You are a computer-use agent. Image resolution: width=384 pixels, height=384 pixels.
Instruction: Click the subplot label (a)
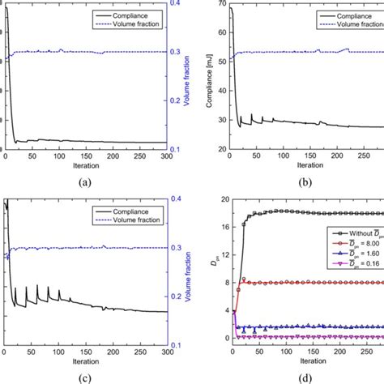84,182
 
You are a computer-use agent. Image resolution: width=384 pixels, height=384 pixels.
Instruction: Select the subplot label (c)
84,376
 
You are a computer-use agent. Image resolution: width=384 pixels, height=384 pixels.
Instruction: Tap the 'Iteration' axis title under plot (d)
306,361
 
